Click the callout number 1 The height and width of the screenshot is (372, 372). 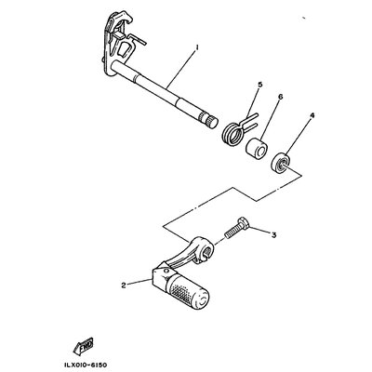point(196,47)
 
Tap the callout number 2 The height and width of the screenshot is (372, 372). point(124,286)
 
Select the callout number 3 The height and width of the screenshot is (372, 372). point(273,235)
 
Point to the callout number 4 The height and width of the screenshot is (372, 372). point(312,115)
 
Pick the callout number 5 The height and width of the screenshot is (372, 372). point(259,85)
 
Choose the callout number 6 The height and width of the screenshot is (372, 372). point(280,97)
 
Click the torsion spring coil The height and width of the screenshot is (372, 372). point(232,132)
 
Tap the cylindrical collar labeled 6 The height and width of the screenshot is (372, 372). point(257,148)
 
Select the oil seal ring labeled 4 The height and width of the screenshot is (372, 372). point(280,163)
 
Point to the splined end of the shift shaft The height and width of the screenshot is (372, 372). point(208,120)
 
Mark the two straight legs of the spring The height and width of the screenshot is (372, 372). point(250,122)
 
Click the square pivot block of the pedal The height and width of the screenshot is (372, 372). point(161,277)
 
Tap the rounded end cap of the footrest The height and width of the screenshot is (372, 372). point(204,299)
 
